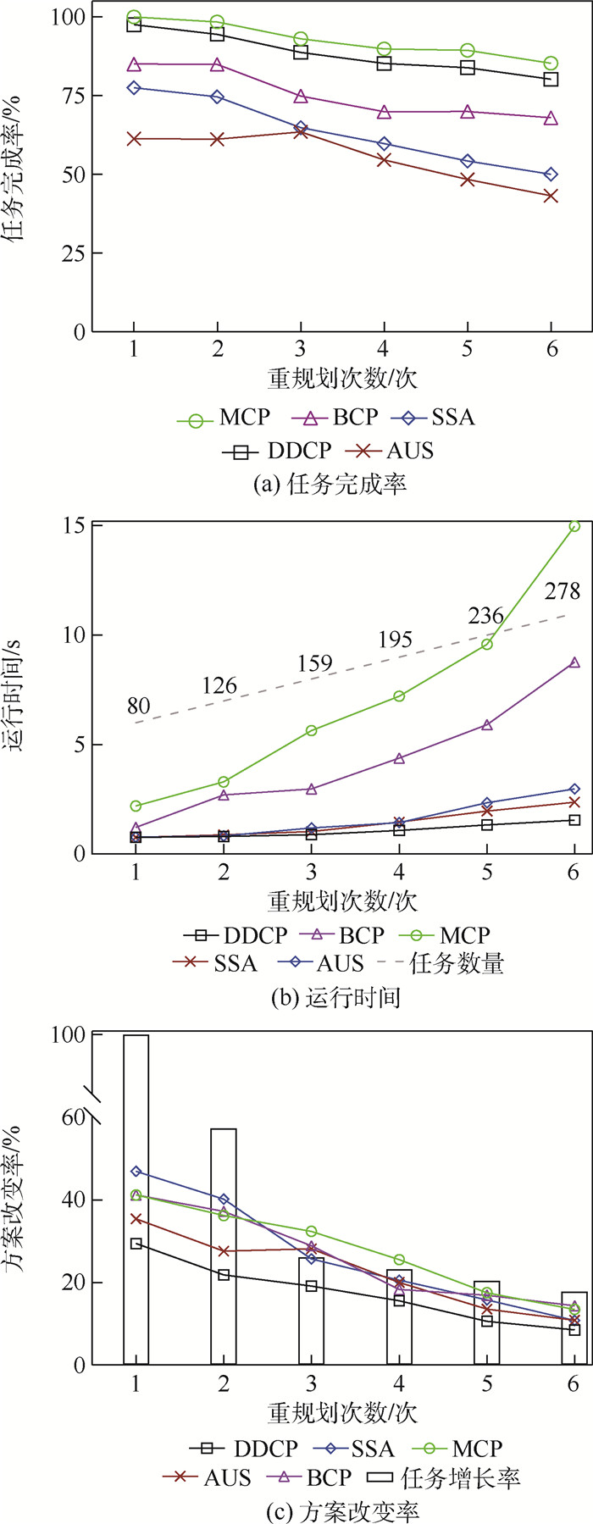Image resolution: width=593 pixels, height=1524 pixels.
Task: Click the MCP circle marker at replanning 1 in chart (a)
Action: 134,17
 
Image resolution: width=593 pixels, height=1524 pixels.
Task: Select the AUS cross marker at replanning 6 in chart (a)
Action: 551,196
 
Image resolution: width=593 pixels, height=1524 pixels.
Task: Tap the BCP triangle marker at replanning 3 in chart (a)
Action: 300,97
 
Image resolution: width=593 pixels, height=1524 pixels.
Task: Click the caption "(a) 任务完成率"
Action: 330,484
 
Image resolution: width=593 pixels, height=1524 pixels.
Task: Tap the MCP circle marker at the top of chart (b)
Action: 574,526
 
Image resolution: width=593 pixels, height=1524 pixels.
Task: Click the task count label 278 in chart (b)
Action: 562,591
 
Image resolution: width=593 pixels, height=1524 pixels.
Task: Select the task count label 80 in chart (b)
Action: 138,706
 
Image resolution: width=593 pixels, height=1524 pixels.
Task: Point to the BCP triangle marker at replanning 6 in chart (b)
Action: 574,662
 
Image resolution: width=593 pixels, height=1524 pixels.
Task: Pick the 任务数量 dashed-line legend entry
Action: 441,963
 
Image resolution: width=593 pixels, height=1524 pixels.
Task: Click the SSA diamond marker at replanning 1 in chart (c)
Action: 136,1172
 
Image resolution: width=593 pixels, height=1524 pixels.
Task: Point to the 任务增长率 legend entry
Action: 444,1478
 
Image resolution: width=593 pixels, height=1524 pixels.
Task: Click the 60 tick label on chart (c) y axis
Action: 72,1117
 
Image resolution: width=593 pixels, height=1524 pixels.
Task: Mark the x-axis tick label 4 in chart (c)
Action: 399,1384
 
